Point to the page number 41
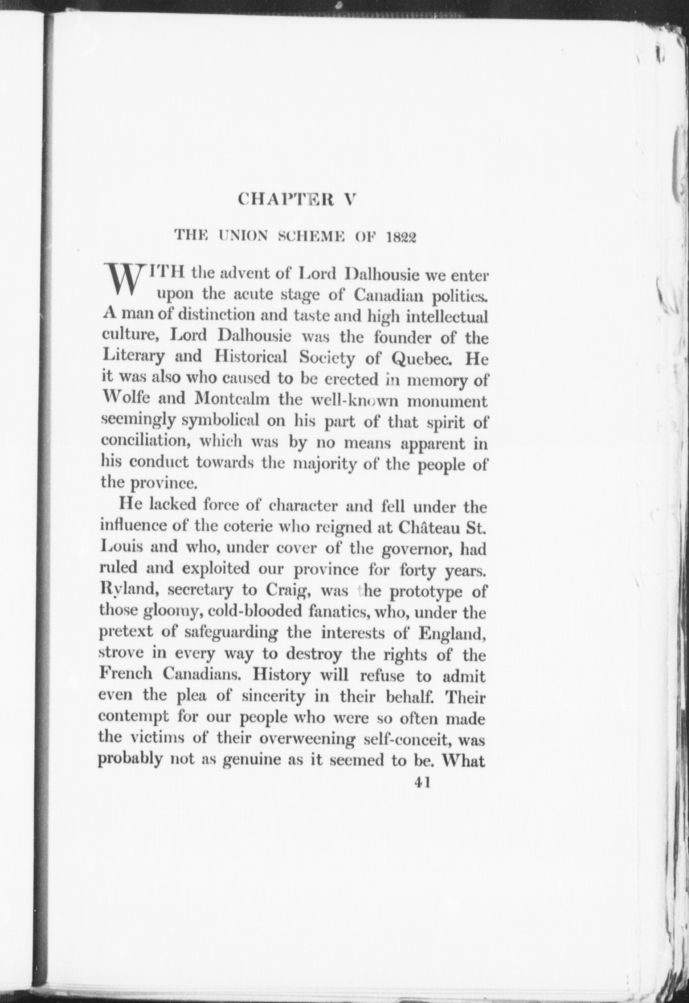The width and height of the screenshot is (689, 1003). pos(422,782)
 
